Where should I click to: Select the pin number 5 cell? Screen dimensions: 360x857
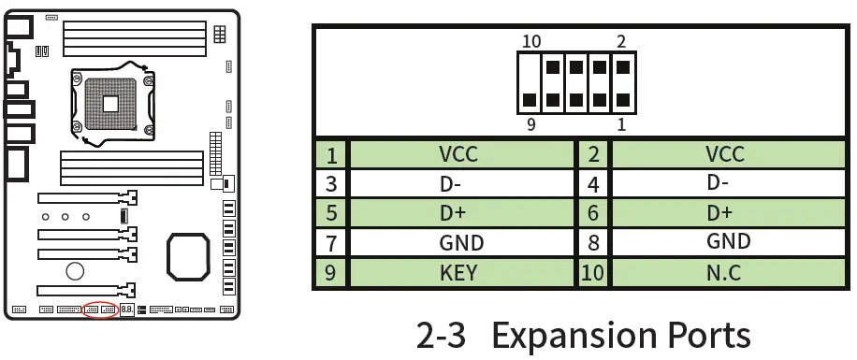click(x=330, y=213)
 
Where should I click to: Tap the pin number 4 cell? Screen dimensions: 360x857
click(x=593, y=184)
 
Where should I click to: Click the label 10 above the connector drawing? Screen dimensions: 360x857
click(x=531, y=41)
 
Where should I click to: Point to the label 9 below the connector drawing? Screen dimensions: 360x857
click(x=531, y=123)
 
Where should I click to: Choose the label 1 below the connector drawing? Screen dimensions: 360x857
click(x=621, y=123)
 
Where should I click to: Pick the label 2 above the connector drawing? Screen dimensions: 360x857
click(x=621, y=41)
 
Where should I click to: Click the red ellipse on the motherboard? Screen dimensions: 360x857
click(x=100, y=310)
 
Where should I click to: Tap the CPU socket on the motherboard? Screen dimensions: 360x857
click(x=110, y=101)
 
